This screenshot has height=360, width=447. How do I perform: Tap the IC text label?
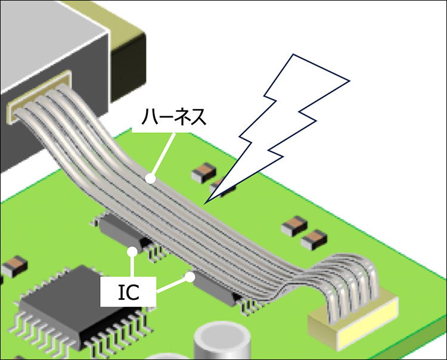[x=129, y=291]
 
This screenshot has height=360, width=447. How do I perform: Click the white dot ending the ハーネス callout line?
[x=151, y=178]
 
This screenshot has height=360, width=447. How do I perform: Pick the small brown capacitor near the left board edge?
[x=13, y=265]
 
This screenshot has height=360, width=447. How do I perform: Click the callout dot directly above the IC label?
[x=132, y=252]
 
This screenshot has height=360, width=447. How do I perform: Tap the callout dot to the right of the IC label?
[x=190, y=277]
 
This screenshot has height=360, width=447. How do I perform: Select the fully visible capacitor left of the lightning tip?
[x=203, y=173]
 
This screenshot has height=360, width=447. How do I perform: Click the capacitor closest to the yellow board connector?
[x=313, y=241]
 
